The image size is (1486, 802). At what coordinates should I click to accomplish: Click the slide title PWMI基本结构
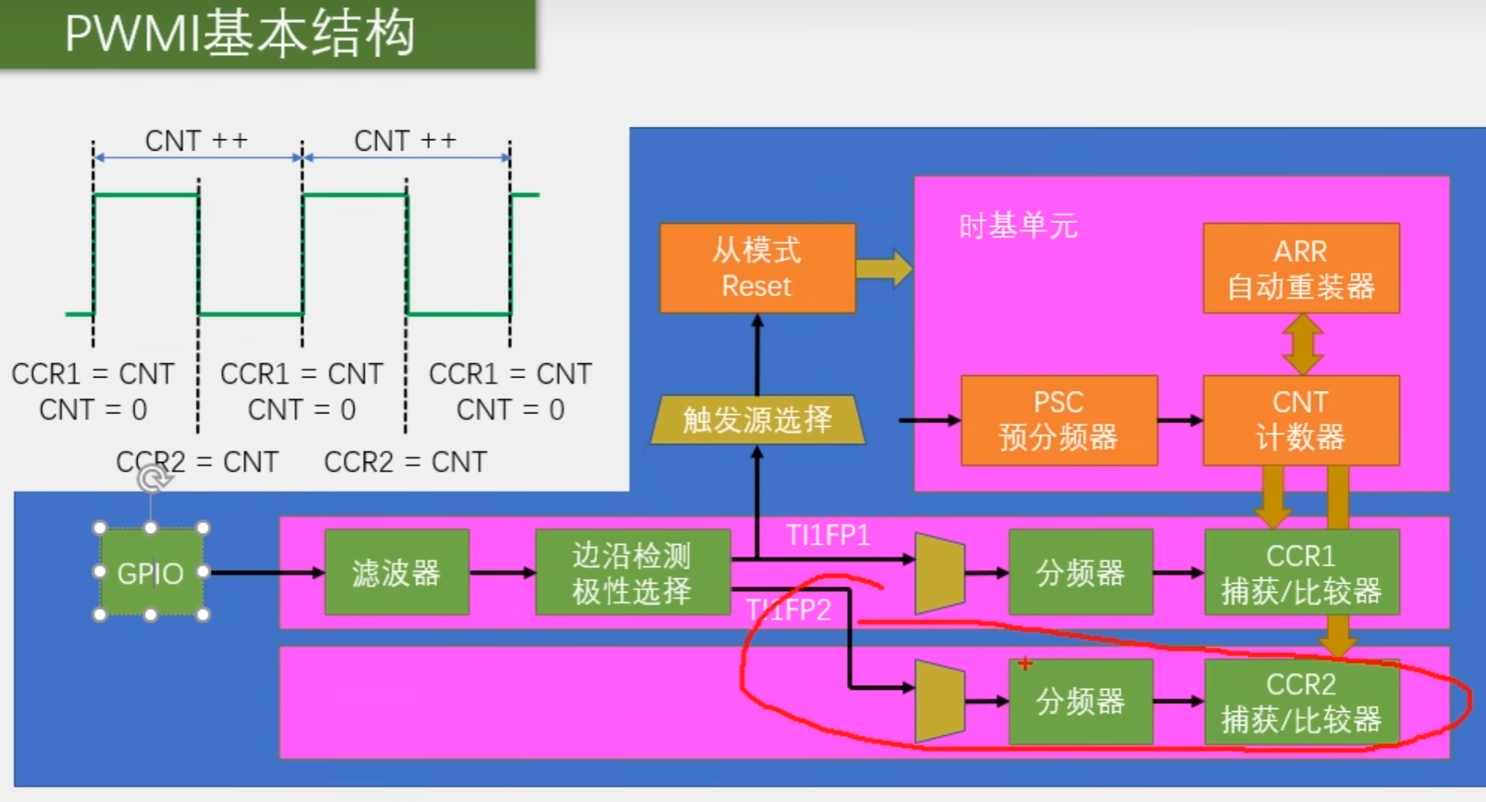(x=239, y=34)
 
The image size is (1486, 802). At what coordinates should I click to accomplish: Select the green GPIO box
(x=151, y=573)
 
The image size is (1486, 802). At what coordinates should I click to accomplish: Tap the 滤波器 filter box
(x=396, y=573)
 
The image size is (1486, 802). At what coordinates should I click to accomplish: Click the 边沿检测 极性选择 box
(x=632, y=573)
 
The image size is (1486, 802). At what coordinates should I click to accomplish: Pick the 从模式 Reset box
(x=757, y=268)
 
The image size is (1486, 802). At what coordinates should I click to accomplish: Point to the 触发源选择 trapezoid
(x=757, y=420)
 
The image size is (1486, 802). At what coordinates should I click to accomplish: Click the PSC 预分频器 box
(x=1058, y=420)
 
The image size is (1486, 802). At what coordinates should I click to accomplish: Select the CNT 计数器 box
(x=1300, y=420)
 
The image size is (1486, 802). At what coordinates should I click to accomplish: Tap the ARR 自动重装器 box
(x=1300, y=268)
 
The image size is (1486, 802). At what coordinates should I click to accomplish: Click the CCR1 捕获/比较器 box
(x=1301, y=573)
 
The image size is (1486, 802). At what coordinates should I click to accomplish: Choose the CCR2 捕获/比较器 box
(x=1301, y=702)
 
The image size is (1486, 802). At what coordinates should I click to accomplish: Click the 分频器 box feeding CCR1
(x=1080, y=573)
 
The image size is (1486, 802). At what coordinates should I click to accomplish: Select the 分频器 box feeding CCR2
(x=1080, y=702)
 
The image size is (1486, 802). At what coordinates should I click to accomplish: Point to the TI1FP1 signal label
(x=828, y=535)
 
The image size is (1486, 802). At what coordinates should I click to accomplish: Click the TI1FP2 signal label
(x=789, y=610)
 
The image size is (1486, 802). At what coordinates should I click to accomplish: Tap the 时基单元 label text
(x=1017, y=226)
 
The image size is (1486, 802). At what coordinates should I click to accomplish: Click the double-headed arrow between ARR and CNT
(x=1302, y=344)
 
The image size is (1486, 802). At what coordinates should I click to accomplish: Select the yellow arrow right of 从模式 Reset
(x=884, y=268)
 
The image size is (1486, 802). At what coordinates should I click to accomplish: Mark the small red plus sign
(x=1025, y=663)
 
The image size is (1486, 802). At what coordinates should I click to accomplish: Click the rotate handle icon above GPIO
(x=152, y=479)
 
